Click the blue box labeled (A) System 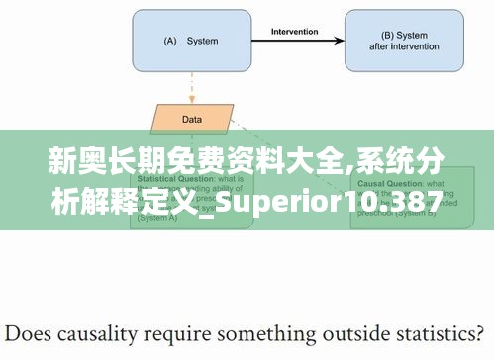click(189, 41)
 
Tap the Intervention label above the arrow click(294, 31)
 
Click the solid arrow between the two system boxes click(294, 41)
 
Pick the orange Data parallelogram click(191, 119)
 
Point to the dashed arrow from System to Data click(191, 88)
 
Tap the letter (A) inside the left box click(168, 41)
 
